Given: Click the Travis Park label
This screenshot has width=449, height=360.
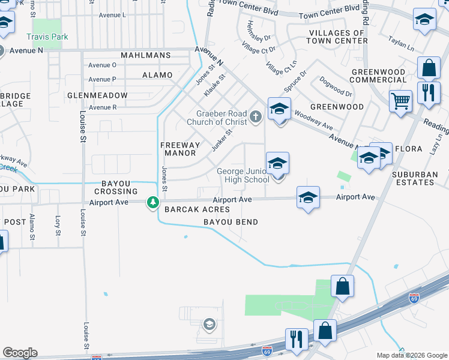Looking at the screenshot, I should [50, 37].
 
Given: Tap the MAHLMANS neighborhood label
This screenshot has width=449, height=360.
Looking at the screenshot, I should [145, 55].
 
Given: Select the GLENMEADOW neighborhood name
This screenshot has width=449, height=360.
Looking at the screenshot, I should [97, 95].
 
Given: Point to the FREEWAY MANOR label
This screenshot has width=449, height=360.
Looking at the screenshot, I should [180, 149].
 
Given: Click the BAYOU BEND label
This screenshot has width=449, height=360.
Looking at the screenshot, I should [231, 222].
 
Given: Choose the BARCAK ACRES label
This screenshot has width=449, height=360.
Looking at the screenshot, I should [197, 209].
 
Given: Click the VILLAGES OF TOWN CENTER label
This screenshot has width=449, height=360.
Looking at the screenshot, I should [336, 37].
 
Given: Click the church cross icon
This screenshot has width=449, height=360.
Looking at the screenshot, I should [256, 116].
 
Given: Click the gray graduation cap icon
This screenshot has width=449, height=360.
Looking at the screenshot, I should [209, 325].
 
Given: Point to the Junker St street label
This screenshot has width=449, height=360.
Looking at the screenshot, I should [220, 141].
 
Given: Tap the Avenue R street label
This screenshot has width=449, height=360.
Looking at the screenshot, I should [102, 107].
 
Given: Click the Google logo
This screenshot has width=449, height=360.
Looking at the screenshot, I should [20, 353].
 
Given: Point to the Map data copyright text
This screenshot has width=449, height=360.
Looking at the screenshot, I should [411, 355].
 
